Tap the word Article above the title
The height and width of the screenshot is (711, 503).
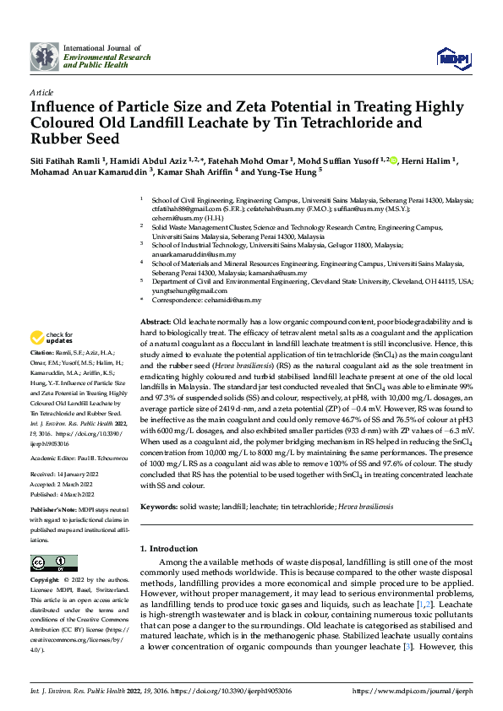(x=41, y=91)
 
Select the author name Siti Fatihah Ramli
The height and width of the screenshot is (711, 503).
(x=64, y=160)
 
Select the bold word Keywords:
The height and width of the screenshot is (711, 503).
(x=160, y=507)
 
